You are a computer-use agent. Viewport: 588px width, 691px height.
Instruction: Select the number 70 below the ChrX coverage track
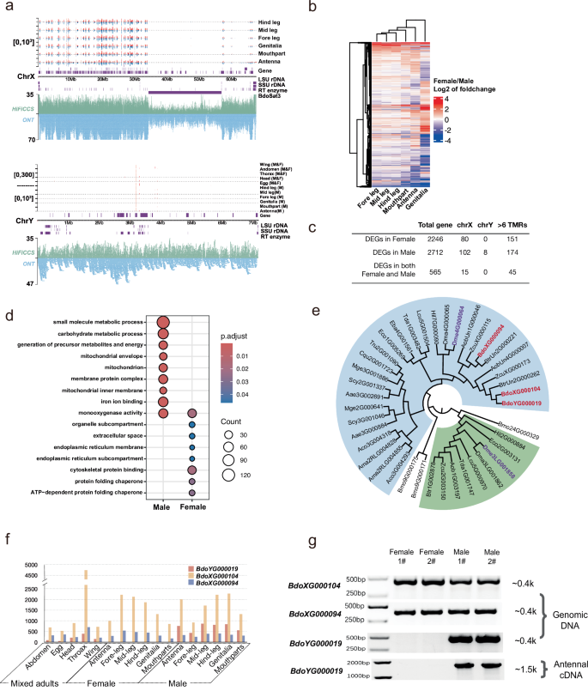pyautogui.click(x=29, y=139)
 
